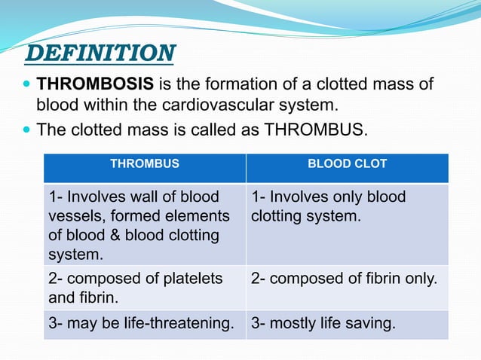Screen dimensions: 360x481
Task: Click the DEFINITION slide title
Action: (x=100, y=53)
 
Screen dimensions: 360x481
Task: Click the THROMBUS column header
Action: (x=145, y=163)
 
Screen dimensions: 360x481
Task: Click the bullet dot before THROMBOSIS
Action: (x=29, y=84)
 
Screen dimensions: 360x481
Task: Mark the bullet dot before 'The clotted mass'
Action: (x=29, y=130)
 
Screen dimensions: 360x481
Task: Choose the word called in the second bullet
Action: (x=214, y=130)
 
